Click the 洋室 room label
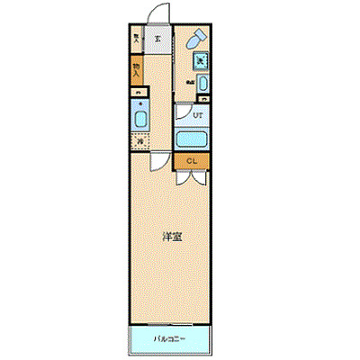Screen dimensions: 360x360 tap(173, 238)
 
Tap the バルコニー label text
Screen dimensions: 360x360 tap(170, 341)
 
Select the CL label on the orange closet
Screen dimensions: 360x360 tap(192, 161)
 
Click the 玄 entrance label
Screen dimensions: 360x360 tap(158, 39)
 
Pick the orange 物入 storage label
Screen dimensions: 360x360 tap(136, 68)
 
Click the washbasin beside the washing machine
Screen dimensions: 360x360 tap(202, 85)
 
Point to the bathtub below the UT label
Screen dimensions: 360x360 tap(192, 139)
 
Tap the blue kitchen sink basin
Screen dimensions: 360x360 tap(140, 119)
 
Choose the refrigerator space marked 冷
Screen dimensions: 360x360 tap(139, 141)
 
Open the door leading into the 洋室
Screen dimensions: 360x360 tap(159, 162)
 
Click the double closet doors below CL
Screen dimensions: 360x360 tap(191, 175)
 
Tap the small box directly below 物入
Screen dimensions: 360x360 tap(137, 91)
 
